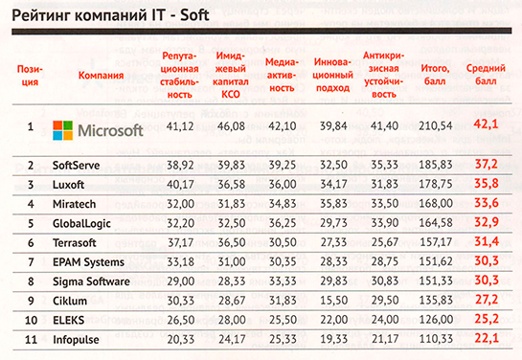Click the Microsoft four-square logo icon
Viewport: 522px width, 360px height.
click(x=63, y=130)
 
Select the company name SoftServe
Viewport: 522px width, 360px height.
click(x=76, y=166)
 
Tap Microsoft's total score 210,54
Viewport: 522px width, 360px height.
click(x=436, y=126)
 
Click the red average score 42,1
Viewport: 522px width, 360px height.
click(x=486, y=124)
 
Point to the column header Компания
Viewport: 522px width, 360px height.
click(x=101, y=76)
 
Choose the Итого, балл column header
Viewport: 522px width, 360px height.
click(x=435, y=75)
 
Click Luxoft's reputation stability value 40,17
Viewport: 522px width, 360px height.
click(x=180, y=184)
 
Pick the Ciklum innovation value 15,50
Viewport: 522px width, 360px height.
click(x=333, y=301)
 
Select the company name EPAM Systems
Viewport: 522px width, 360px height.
click(x=88, y=262)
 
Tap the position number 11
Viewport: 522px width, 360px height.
click(x=31, y=339)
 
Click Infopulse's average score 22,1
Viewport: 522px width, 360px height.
click(x=487, y=338)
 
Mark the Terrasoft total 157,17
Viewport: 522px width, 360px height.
click(x=436, y=242)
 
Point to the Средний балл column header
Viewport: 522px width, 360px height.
click(x=486, y=75)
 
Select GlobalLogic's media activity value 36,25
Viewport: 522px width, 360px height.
click(x=283, y=223)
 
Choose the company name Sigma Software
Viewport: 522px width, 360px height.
click(x=91, y=281)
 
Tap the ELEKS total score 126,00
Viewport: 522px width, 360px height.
click(x=436, y=320)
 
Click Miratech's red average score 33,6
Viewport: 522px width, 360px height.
click(x=487, y=203)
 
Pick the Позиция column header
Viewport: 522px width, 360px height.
click(x=30, y=76)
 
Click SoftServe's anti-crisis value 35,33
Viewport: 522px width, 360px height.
click(x=385, y=165)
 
